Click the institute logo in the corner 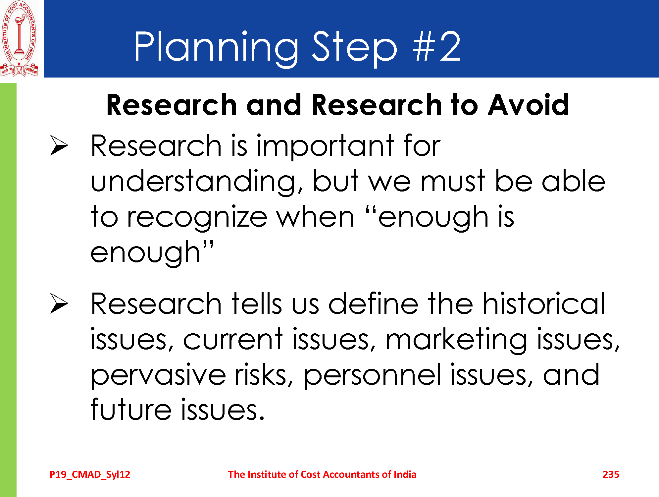tap(19, 38)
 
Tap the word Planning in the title tap(216, 48)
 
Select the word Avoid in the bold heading tap(528, 105)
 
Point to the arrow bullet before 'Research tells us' tap(59, 303)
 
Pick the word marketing tap(456, 340)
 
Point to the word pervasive tap(158, 376)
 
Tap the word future tap(131, 409)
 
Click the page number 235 tap(611, 474)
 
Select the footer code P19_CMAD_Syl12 tap(90, 475)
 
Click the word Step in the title tap(354, 48)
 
